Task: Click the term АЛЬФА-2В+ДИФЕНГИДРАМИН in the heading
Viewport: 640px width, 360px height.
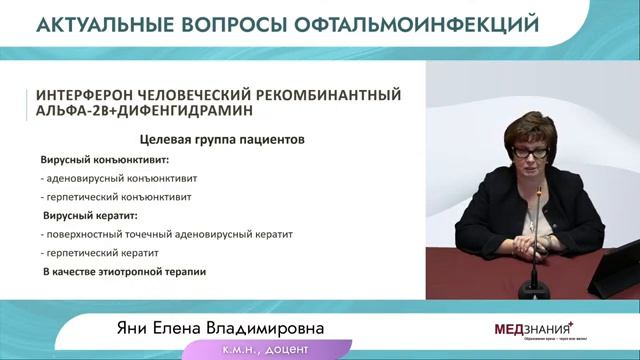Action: pos(139,112)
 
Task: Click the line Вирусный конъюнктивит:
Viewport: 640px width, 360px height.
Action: pos(105,159)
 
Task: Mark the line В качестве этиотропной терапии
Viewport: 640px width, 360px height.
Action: pos(124,272)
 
